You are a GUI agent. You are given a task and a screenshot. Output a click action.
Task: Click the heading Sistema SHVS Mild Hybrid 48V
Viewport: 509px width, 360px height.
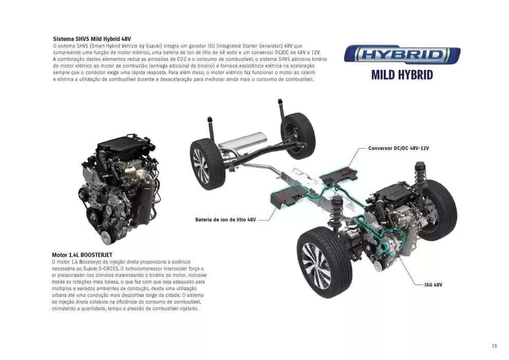[x=92, y=39]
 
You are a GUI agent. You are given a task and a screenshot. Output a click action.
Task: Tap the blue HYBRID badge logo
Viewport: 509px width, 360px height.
[x=402, y=55]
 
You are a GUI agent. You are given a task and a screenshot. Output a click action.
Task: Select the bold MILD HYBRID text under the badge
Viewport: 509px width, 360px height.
[x=402, y=75]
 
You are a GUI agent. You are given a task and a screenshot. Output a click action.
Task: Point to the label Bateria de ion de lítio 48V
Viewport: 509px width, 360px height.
[x=225, y=220]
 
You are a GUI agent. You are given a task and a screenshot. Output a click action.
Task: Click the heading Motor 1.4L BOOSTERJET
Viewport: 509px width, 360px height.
[x=82, y=255]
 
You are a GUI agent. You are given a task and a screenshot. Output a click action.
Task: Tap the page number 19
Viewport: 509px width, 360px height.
[x=494, y=346]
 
